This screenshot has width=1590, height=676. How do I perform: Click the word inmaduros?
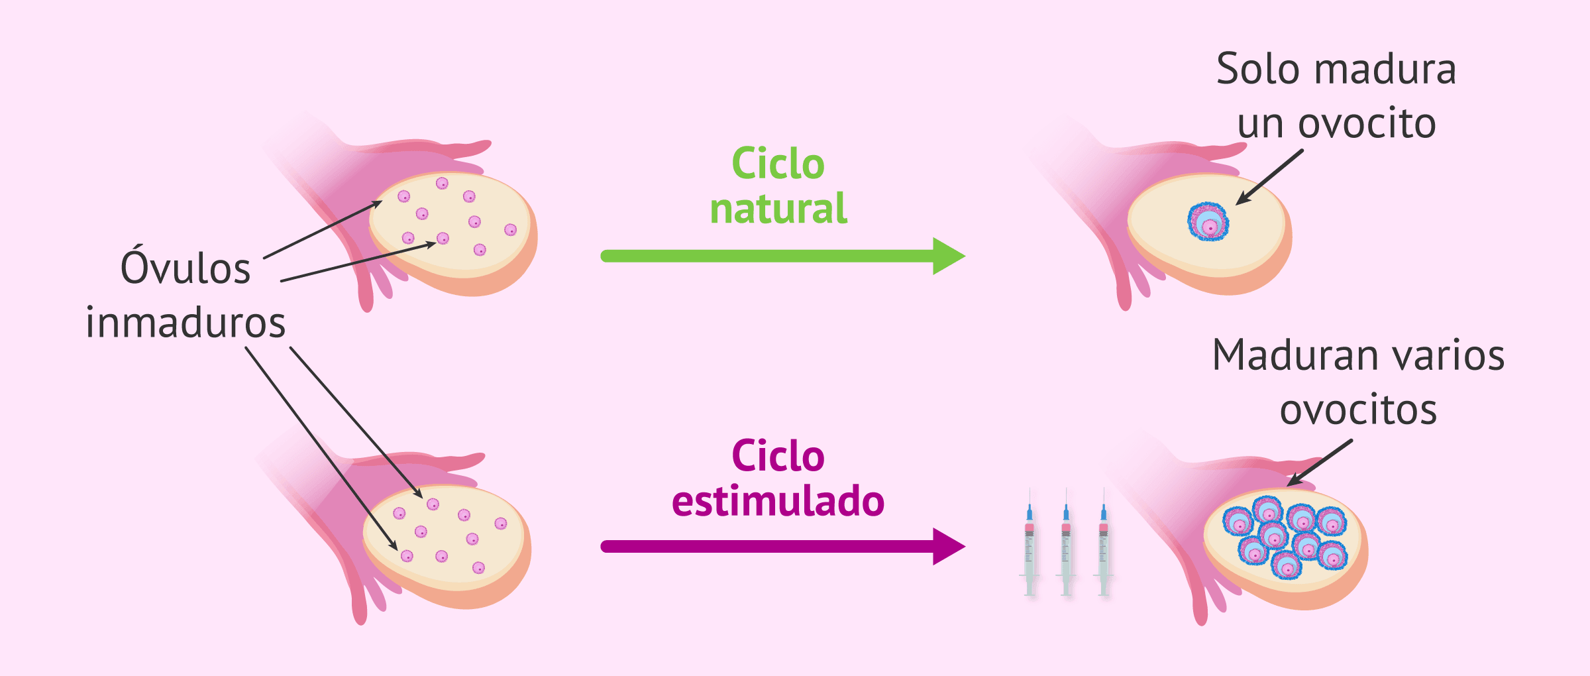(185, 323)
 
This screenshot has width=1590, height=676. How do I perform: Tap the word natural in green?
(778, 209)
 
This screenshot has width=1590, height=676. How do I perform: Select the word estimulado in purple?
(778, 501)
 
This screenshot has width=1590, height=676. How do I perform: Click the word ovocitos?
(1358, 410)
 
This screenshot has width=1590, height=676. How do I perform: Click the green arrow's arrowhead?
(947, 256)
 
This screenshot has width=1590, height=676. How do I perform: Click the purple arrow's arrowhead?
(947, 547)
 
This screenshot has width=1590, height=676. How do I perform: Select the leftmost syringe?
(1030, 543)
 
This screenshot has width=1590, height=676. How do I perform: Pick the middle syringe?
(1066, 543)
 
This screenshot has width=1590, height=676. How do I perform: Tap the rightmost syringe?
(1103, 543)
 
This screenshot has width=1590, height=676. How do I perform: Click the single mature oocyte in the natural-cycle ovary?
(1208, 221)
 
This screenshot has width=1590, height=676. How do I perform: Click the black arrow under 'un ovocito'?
(1269, 177)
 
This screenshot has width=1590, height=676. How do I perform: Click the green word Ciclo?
(778, 164)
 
